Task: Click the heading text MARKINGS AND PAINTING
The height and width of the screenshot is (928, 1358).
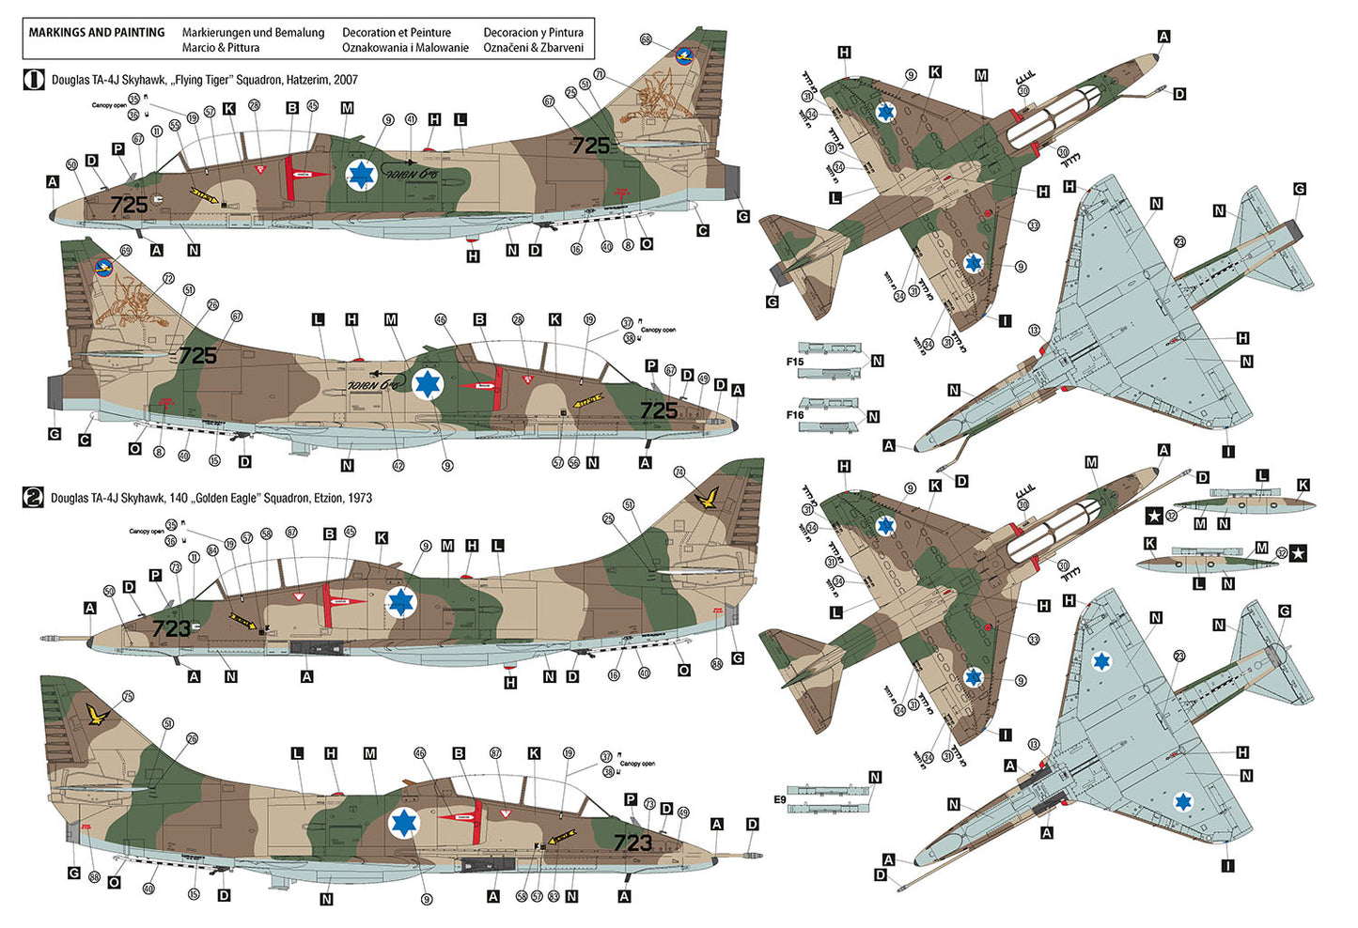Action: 97,33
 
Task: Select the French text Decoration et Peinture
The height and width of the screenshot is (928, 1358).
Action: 396,33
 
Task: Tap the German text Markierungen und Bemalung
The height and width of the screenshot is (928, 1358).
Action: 253,33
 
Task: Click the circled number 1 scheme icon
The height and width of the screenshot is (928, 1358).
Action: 33,80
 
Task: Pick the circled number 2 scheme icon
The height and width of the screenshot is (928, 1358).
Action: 33,498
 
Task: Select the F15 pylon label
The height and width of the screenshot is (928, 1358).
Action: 795,362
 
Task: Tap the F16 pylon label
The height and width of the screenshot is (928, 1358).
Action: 795,414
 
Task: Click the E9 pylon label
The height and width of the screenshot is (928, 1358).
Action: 780,799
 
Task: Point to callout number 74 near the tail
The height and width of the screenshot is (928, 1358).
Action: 679,472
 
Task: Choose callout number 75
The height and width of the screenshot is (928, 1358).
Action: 128,697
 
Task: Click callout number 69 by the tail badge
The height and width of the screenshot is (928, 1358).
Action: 126,251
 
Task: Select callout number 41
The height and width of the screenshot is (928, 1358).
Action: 411,119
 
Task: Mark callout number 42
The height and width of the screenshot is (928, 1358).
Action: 398,465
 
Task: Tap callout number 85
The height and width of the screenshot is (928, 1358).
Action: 717,664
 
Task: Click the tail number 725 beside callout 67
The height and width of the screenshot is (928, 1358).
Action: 590,146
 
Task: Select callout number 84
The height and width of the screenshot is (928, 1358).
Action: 212,550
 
